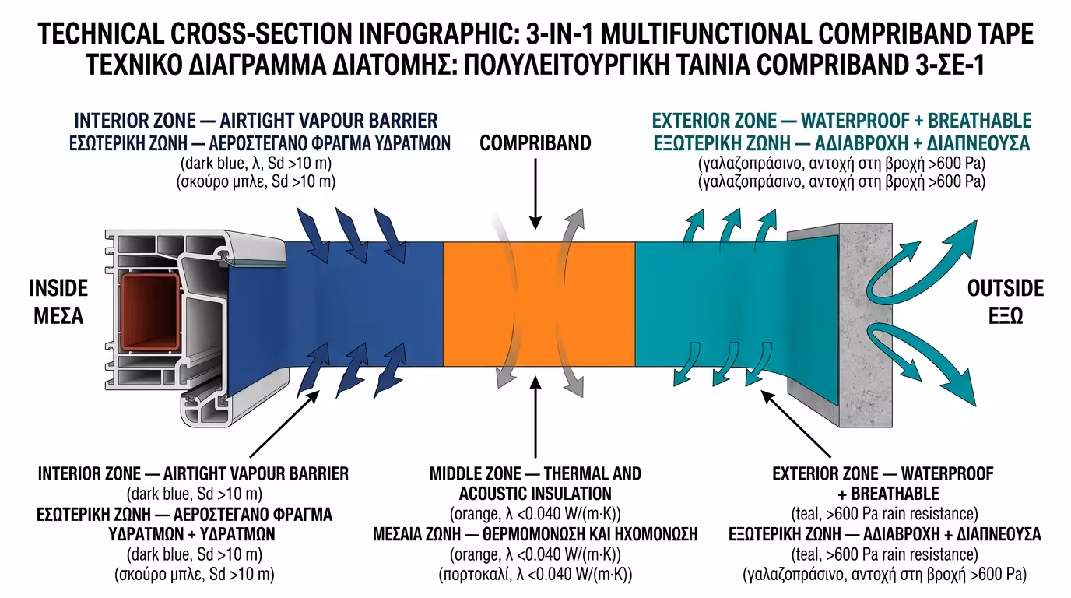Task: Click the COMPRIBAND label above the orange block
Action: pos(535,143)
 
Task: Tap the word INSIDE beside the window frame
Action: pos(58,289)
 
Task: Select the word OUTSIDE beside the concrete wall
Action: pos(1005,289)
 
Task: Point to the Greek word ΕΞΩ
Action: pos(1005,316)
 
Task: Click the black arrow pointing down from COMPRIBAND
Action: pos(535,195)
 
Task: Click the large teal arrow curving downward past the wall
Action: pos(926,358)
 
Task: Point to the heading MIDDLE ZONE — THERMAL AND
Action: pos(535,473)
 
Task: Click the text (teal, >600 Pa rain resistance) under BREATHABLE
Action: pos(884,514)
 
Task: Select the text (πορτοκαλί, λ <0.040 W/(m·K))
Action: pos(535,575)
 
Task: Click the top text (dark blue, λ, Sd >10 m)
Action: pos(256,164)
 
